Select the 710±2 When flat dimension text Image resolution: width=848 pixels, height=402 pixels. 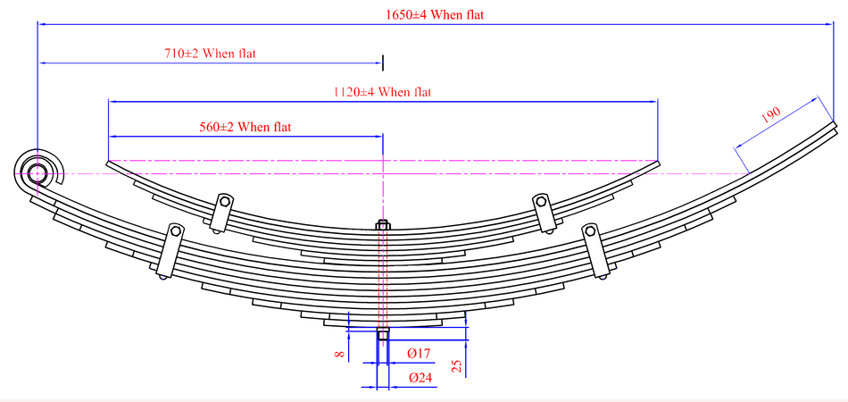pyautogui.click(x=210, y=54)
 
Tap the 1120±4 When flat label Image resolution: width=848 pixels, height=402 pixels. pyautogui.click(x=382, y=92)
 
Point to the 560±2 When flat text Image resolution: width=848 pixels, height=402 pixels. pyautogui.click(x=245, y=128)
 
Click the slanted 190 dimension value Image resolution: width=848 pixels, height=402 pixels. pyautogui.click(x=771, y=114)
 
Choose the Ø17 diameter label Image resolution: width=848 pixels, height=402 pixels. pyautogui.click(x=420, y=355)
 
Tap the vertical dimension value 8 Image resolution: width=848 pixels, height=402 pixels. pyautogui.click(x=338, y=355)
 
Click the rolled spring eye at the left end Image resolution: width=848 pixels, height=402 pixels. pyautogui.click(x=37, y=171)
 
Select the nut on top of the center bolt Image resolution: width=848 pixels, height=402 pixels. pyautogui.click(x=383, y=225)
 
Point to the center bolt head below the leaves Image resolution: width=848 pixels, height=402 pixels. pyautogui.click(x=383, y=334)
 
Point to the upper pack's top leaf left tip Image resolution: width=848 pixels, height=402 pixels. pyautogui.click(x=109, y=163)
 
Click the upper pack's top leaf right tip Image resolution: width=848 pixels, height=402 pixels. pyautogui.click(x=658, y=163)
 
